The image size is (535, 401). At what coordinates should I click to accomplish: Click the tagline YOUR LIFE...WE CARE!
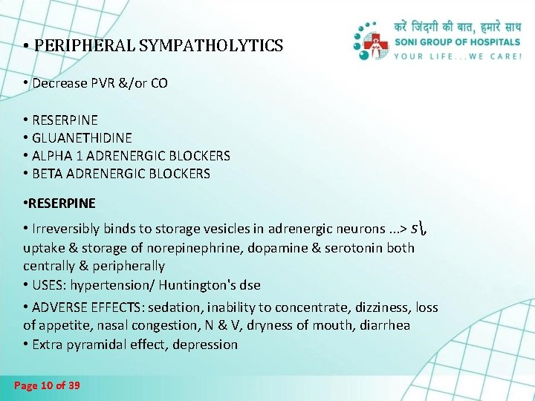pos(458,57)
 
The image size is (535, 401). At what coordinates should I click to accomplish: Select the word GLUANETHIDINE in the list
pos(82,137)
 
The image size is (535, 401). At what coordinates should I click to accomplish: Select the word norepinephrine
pos(218,247)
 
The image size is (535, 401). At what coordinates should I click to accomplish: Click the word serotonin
pos(350,247)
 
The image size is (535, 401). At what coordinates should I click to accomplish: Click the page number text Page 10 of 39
pos(48,385)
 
